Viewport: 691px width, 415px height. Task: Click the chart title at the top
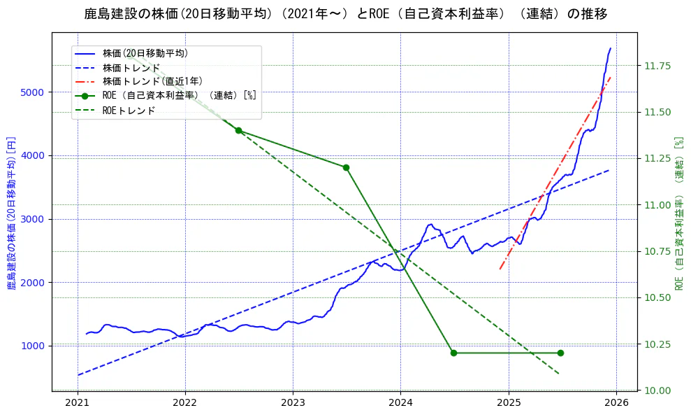345,14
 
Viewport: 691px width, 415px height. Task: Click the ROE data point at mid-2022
238,130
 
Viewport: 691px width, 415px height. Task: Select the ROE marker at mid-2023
346,167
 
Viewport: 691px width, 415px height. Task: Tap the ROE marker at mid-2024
453,353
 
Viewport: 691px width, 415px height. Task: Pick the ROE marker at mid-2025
560,353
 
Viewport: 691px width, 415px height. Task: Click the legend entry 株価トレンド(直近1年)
162,81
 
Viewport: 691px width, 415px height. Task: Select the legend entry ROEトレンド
129,111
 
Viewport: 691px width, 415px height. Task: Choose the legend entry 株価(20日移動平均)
145,52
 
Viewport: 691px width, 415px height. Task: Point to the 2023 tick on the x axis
293,402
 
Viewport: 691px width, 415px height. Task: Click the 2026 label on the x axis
616,402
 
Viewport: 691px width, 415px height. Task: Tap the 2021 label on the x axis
77,402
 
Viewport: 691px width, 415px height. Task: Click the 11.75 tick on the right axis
656,66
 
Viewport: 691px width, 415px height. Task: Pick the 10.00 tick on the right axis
656,390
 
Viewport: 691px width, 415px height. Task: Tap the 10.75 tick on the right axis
656,251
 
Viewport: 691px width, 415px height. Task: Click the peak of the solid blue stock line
610,48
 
